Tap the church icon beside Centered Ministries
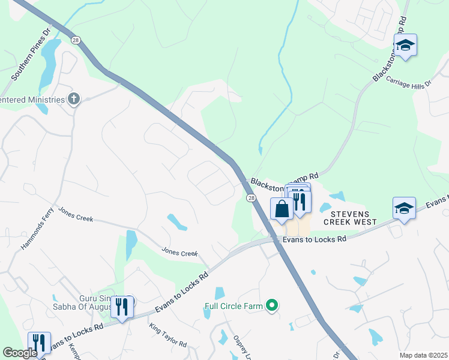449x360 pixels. tap(74, 99)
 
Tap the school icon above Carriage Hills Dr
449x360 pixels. tap(405, 46)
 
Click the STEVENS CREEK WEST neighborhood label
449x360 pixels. tap(350, 218)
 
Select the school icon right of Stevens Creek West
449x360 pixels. tap(404, 209)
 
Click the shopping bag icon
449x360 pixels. tap(282, 209)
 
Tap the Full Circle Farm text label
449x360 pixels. tap(234, 306)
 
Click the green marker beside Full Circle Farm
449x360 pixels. tap(272, 306)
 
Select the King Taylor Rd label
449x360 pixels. tap(168, 336)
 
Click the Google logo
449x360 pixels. tap(20, 353)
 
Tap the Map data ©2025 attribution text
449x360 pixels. tap(423, 355)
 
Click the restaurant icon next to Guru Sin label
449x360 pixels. tap(122, 307)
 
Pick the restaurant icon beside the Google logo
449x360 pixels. tap(39, 343)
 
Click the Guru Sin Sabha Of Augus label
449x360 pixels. tap(96, 303)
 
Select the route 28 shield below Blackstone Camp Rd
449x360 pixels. tap(251, 198)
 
